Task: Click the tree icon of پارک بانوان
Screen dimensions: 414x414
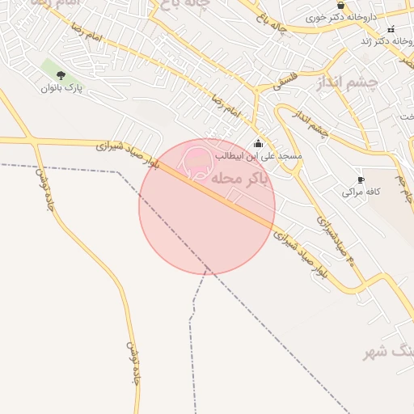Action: [61, 75]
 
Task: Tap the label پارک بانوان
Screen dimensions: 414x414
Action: [62, 88]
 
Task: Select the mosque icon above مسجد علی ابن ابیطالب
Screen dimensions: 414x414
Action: [258, 143]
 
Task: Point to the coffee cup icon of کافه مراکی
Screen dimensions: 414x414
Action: [361, 180]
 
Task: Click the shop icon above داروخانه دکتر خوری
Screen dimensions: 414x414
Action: [340, 5]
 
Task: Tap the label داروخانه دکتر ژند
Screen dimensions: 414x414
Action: [375, 40]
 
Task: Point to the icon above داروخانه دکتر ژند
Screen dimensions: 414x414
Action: [391, 29]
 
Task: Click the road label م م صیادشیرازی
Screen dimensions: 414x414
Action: [334, 239]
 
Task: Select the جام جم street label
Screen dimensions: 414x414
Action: [402, 185]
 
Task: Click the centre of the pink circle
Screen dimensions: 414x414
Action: [207, 206]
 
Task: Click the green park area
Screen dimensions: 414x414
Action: [53, 69]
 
